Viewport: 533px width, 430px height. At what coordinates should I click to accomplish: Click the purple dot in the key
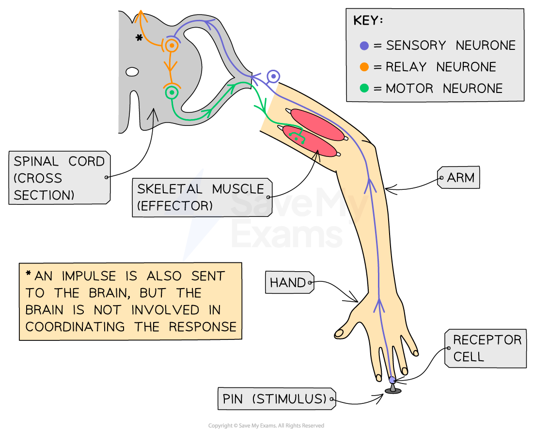coord(364,46)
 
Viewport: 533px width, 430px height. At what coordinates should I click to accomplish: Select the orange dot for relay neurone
coord(364,67)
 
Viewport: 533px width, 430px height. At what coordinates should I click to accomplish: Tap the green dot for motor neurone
coord(364,89)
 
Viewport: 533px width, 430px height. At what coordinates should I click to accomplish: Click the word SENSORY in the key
coord(416,46)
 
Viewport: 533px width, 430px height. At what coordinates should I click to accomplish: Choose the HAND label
coord(289,283)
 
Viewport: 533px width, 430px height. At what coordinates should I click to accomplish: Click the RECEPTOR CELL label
coord(486,348)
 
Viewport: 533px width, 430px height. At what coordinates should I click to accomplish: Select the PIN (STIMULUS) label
coord(275,399)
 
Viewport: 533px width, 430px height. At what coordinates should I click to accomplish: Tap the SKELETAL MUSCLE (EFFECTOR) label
coord(201,197)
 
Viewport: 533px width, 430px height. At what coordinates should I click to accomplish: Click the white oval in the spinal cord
coord(132,72)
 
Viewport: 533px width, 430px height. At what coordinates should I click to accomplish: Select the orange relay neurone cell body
coord(171,46)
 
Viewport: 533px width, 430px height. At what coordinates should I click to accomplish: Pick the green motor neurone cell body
coord(172,92)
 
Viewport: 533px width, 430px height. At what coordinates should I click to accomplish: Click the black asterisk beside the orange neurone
coord(139,38)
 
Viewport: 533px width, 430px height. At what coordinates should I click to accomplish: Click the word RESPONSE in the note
coord(203,327)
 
